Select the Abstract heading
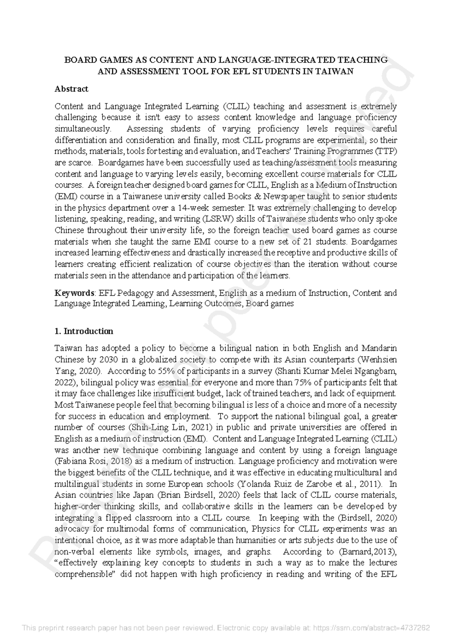point(71,89)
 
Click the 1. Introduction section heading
point(84,331)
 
